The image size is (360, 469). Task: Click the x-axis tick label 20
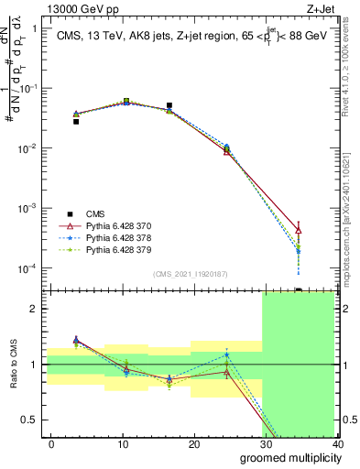coord(194,444)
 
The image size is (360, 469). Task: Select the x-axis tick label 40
coord(337,444)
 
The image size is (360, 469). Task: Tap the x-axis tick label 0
coord(51,444)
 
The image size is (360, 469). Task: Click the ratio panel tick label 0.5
coord(30,420)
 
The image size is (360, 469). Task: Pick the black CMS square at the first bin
coord(76,121)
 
